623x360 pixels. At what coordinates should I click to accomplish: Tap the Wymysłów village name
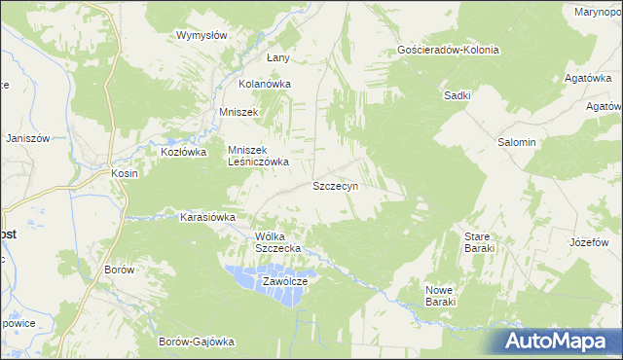pyautogui.click(x=202, y=35)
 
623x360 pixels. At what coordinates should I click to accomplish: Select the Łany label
pyautogui.click(x=278, y=58)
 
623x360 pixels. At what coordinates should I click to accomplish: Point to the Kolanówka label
pyautogui.click(x=266, y=84)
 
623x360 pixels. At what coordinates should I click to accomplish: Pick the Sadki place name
pyautogui.click(x=458, y=95)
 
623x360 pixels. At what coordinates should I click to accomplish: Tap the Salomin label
pyautogui.click(x=517, y=142)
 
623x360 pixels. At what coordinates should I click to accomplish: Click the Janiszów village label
pyautogui.click(x=27, y=138)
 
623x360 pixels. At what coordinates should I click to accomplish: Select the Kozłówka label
pyautogui.click(x=184, y=153)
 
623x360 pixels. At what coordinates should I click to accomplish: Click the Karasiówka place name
pyautogui.click(x=208, y=217)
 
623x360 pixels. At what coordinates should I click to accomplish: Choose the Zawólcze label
pyautogui.click(x=285, y=281)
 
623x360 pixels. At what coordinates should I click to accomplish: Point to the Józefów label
pyautogui.click(x=588, y=241)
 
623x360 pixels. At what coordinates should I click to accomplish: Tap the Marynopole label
pyautogui.click(x=598, y=12)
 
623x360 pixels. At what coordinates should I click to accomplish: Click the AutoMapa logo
pyautogui.click(x=558, y=342)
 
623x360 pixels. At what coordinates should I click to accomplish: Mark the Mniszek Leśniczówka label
pyautogui.click(x=258, y=156)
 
